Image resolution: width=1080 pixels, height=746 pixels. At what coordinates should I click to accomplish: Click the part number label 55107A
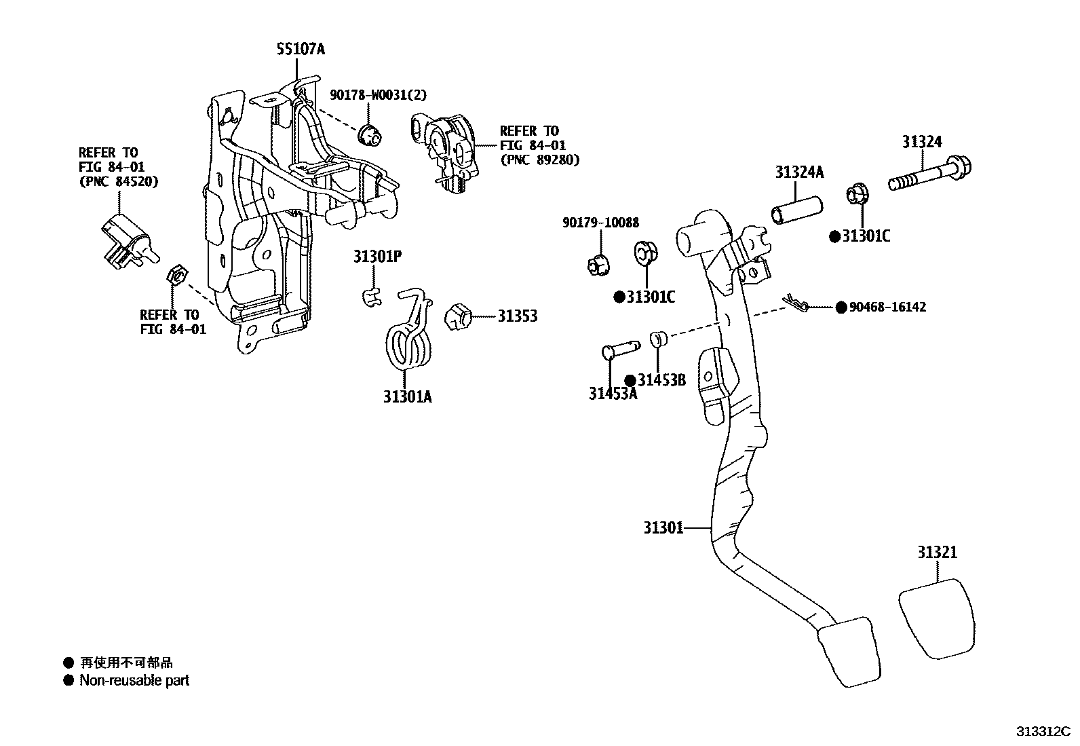pyautogui.click(x=301, y=49)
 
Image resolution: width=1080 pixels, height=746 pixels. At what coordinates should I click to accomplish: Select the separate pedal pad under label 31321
pyautogui.click(x=938, y=618)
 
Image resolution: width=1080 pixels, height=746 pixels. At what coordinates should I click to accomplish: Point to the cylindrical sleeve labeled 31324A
pyautogui.click(x=796, y=210)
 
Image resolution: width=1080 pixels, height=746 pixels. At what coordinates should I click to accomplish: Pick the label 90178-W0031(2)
pyautogui.click(x=379, y=95)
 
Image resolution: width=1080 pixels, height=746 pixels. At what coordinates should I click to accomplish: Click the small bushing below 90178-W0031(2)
pyautogui.click(x=370, y=135)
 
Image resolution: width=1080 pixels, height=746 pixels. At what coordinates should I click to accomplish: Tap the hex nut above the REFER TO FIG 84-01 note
pyautogui.click(x=176, y=276)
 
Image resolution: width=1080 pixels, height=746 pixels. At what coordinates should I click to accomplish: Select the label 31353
pyautogui.click(x=518, y=316)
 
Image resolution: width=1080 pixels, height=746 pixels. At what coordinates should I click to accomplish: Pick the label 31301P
pyautogui.click(x=377, y=257)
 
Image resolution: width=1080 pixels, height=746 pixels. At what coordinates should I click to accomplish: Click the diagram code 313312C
pyautogui.click(x=1042, y=731)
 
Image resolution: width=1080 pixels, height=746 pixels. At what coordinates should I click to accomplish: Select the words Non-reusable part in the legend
pyautogui.click(x=134, y=680)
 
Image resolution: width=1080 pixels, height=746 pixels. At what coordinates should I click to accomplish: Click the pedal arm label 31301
pyautogui.click(x=663, y=527)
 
